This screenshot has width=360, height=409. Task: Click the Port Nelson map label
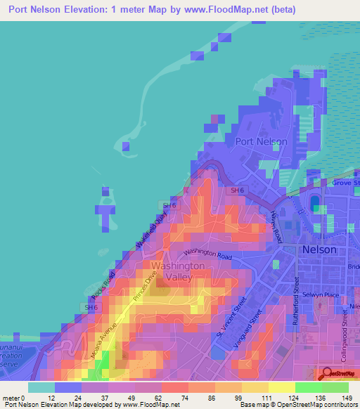click(x=261, y=141)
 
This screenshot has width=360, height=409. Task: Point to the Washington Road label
click(x=208, y=254)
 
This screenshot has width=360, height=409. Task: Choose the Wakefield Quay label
click(x=153, y=228)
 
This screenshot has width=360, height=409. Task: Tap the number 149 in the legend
click(x=346, y=398)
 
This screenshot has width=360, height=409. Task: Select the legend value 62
click(x=148, y=398)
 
